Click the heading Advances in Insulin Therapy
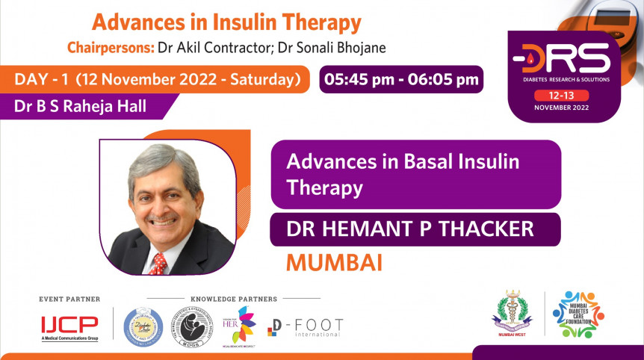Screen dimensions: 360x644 226,22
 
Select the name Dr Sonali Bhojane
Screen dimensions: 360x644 347,48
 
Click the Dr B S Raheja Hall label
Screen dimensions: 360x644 80,106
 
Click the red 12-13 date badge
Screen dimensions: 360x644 561,95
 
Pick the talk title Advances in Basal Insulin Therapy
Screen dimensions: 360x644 403,173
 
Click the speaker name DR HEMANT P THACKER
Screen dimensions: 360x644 410,229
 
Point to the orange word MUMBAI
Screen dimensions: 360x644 334,263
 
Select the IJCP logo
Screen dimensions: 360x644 69,326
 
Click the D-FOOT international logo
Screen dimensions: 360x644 306,327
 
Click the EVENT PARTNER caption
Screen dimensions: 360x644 69,299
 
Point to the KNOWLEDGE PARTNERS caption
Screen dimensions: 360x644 234,299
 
